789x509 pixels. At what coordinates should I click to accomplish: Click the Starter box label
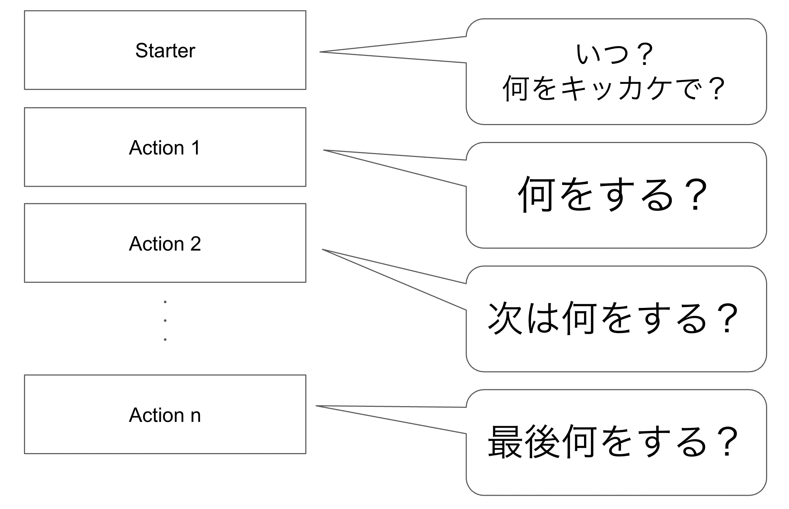(165, 51)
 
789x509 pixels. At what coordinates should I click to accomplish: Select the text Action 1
(164, 148)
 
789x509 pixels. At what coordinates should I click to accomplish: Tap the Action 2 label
(164, 244)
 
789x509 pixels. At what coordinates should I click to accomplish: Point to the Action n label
(164, 415)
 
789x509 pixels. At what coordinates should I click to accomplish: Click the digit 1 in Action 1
(196, 148)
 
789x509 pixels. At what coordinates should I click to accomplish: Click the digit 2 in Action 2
(195, 244)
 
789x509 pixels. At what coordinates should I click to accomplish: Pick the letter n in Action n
(196, 416)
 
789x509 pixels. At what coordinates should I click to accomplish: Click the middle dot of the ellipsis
(165, 320)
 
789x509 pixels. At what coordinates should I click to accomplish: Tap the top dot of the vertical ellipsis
(165, 302)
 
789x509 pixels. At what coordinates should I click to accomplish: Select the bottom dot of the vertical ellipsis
(165, 339)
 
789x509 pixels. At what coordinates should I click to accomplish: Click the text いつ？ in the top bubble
(615, 54)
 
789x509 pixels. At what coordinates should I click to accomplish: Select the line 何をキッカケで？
(615, 88)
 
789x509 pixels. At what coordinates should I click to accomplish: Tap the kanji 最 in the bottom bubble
(505, 441)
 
